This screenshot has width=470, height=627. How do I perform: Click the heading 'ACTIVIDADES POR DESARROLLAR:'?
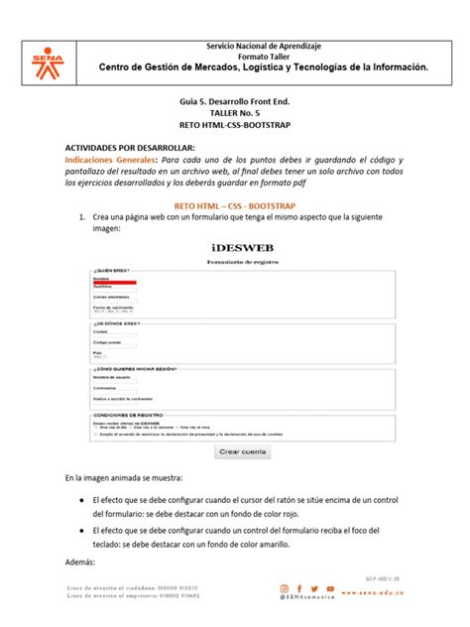coord(124,147)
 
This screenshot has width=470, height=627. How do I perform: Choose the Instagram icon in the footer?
coord(285,588)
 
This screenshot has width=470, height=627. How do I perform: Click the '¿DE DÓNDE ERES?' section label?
coord(117,322)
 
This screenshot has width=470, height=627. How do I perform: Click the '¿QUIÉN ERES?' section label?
coord(111,270)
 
